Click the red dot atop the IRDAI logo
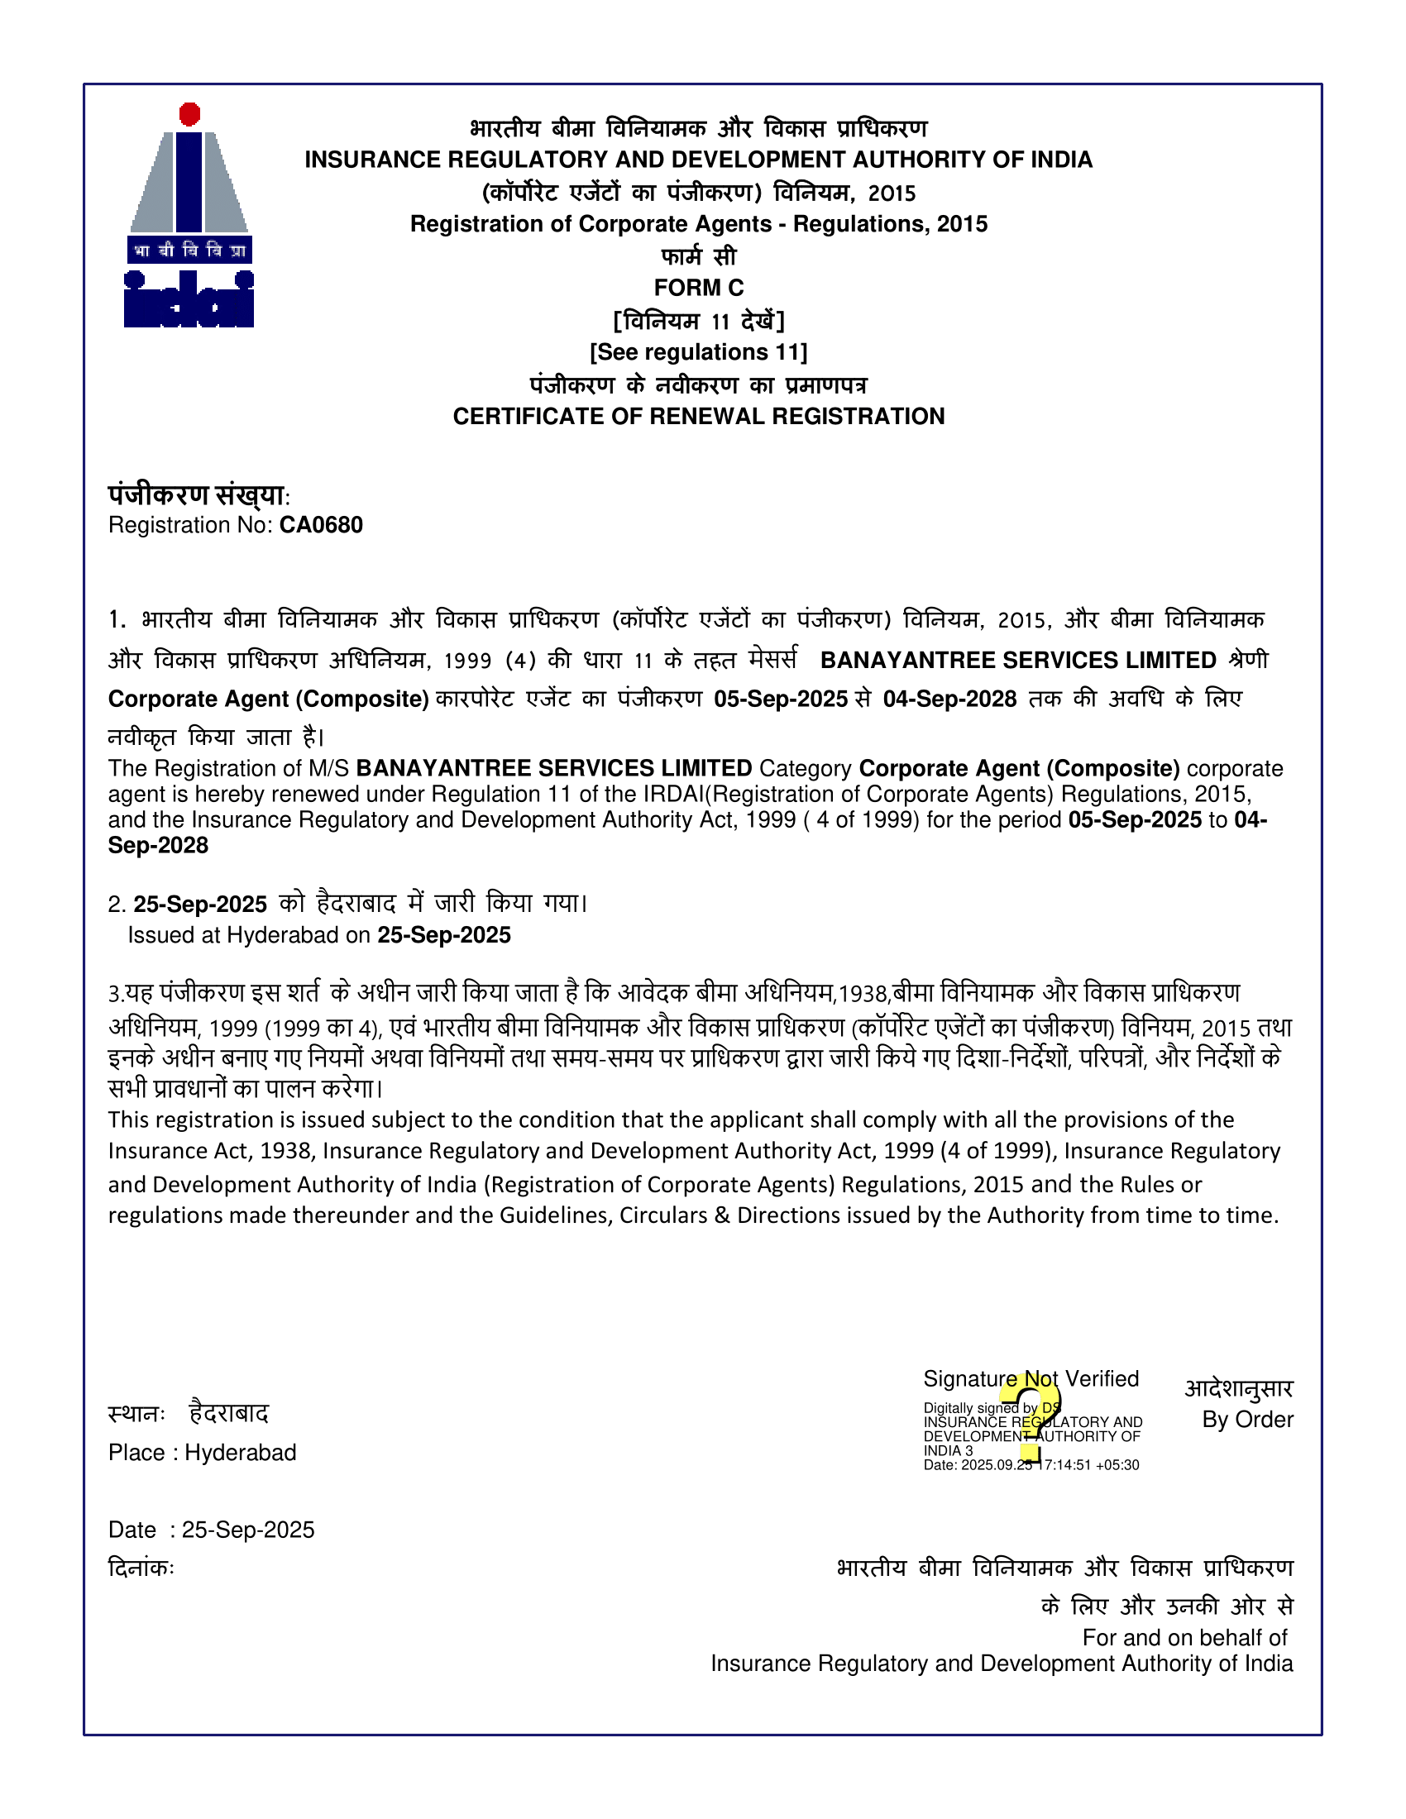pyautogui.click(x=190, y=114)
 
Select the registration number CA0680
pyautogui.click(x=321, y=526)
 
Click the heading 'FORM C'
pyautogui.click(x=699, y=289)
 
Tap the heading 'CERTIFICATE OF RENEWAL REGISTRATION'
pyautogui.click(x=699, y=417)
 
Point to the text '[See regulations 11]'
pyautogui.click(x=699, y=352)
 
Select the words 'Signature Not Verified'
pyautogui.click(x=1031, y=1379)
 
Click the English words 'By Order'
pyautogui.click(x=1247, y=1420)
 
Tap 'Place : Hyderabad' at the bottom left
pyautogui.click(x=203, y=1453)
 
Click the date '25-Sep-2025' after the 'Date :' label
pyautogui.click(x=248, y=1530)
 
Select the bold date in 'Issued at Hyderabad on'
pyautogui.click(x=444, y=935)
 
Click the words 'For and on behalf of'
pyautogui.click(x=1184, y=1637)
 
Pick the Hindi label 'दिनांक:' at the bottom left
pyautogui.click(x=141, y=1568)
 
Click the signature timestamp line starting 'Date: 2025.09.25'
pyautogui.click(x=1031, y=1465)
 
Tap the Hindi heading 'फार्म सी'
pyautogui.click(x=699, y=256)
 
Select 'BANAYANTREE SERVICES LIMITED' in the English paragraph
pyautogui.click(x=554, y=768)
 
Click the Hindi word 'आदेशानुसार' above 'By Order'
pyautogui.click(x=1239, y=1388)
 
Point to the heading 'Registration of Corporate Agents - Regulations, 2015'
pyautogui.click(x=699, y=224)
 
